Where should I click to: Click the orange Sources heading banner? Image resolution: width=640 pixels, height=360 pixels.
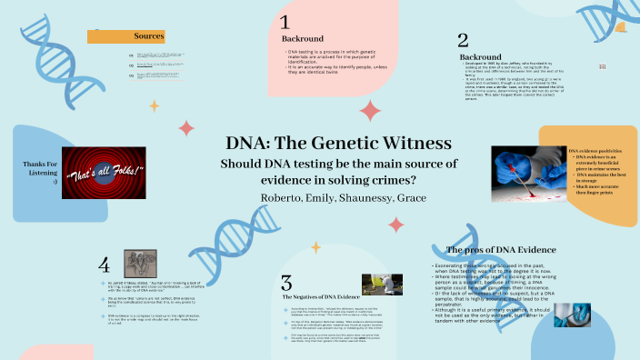point(125,36)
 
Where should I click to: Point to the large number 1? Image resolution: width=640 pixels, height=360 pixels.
point(285,24)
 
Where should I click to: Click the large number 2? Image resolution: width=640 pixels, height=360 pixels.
point(463,40)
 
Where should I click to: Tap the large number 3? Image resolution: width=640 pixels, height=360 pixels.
point(286,282)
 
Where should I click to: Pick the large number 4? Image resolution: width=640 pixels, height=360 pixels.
point(105,265)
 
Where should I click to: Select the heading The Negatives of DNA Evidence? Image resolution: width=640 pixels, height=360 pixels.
point(319,297)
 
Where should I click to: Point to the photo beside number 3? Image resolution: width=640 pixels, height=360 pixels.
point(382,285)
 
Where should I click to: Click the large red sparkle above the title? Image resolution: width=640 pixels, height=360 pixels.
point(369,112)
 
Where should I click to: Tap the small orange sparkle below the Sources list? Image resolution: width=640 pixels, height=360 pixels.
point(154,105)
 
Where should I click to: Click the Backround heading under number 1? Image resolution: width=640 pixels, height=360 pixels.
point(302,40)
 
